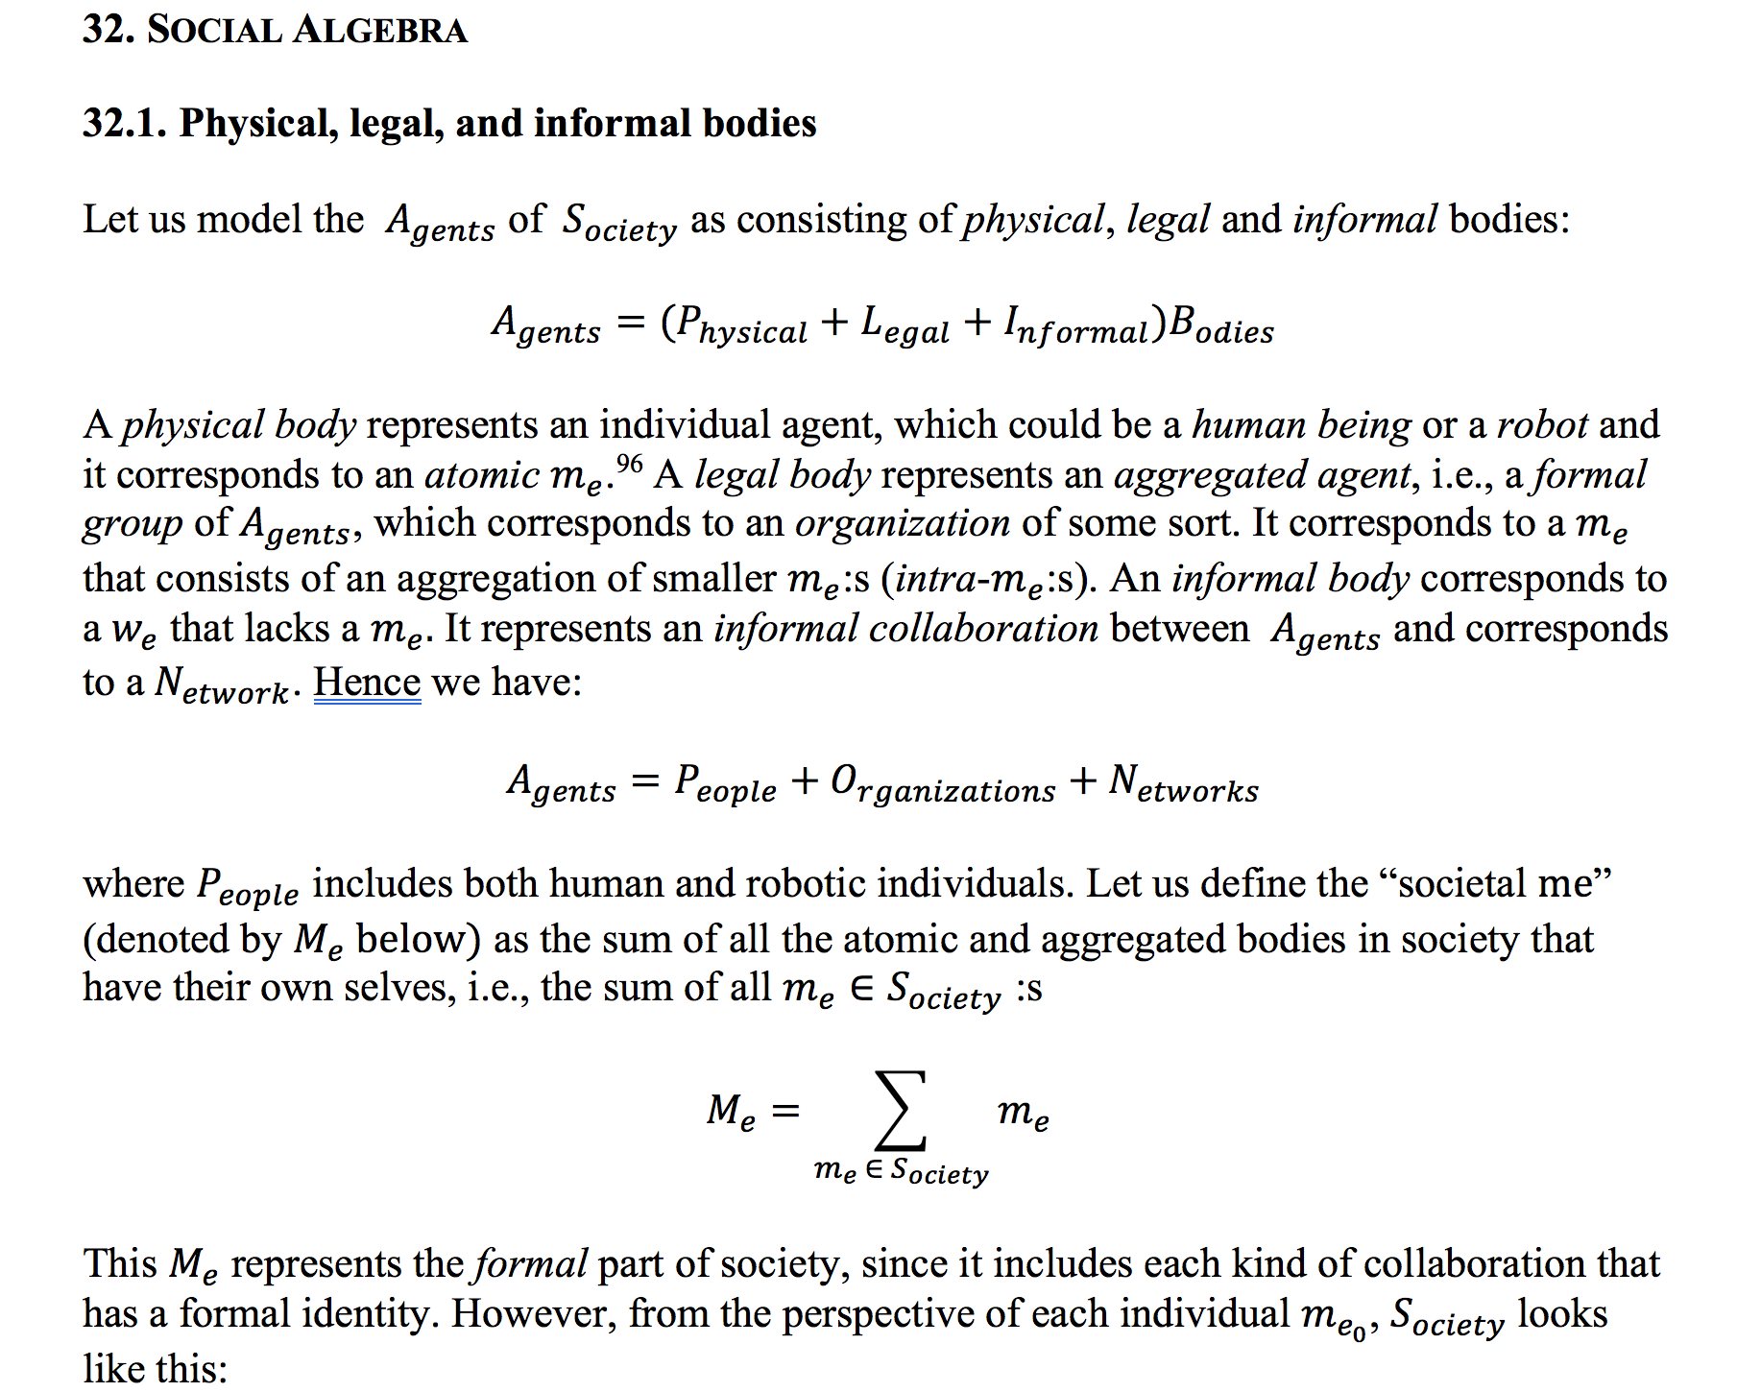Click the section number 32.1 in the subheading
point(124,124)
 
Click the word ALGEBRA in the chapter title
point(380,30)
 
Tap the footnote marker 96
point(629,465)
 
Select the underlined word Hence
point(367,683)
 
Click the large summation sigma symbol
point(901,1111)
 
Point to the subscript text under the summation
point(901,1171)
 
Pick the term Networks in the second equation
point(1183,784)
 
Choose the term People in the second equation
point(725,784)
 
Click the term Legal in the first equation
point(905,325)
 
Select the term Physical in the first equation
point(742,325)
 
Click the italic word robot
point(1542,425)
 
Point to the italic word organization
point(902,524)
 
